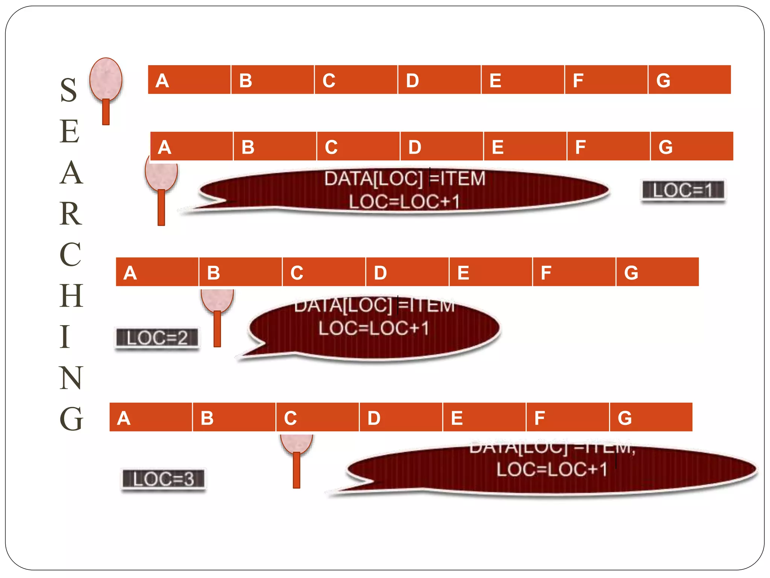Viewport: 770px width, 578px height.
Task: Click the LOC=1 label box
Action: [683, 190]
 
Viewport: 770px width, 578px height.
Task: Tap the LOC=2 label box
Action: [157, 338]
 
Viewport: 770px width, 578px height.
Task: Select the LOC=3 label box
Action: [164, 479]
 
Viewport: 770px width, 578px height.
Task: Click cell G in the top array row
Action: [689, 80]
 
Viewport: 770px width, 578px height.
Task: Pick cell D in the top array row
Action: [439, 80]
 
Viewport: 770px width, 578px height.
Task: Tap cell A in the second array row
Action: [191, 146]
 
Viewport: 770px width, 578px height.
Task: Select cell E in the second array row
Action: [525, 146]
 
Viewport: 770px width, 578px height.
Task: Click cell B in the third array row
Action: [240, 272]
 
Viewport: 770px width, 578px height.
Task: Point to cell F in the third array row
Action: [574, 272]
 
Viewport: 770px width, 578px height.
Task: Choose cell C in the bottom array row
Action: [317, 417]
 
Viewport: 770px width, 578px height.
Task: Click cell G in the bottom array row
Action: [651, 417]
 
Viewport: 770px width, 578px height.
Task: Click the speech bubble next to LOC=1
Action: [404, 190]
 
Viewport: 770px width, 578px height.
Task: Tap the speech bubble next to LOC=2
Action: [374, 327]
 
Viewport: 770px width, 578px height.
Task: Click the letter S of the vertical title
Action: [69, 90]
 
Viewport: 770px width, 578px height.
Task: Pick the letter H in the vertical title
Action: [71, 296]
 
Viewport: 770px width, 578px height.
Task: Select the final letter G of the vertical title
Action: [71, 418]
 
